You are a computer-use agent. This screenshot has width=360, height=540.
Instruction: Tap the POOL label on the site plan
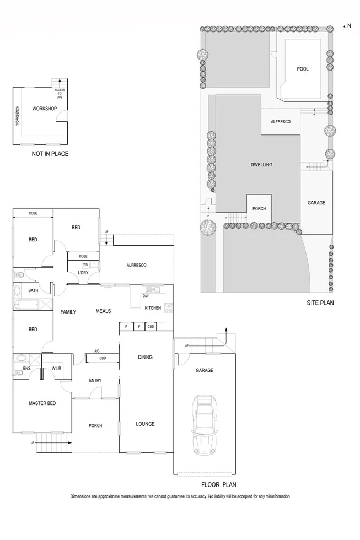[303, 69]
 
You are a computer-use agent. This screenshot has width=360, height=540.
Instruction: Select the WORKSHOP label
[45, 109]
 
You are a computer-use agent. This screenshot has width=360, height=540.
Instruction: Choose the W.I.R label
[56, 368]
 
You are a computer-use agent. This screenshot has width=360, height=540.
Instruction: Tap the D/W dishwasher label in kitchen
[146, 296]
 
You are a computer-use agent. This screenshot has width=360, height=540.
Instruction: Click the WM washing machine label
[86, 265]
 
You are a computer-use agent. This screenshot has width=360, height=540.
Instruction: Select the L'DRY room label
[83, 273]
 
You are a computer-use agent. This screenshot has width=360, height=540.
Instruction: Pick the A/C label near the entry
[97, 350]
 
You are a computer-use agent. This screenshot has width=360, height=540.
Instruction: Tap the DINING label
[145, 357]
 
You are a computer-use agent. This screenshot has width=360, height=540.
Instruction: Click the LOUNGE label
[146, 424]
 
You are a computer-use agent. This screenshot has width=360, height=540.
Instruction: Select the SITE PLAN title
[320, 303]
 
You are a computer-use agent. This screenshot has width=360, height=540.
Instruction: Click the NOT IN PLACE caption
[50, 154]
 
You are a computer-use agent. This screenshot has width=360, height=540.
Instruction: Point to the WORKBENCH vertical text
[18, 116]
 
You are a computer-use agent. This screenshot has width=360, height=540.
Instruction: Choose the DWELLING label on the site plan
[261, 165]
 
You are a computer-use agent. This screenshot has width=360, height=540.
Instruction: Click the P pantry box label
[126, 327]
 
